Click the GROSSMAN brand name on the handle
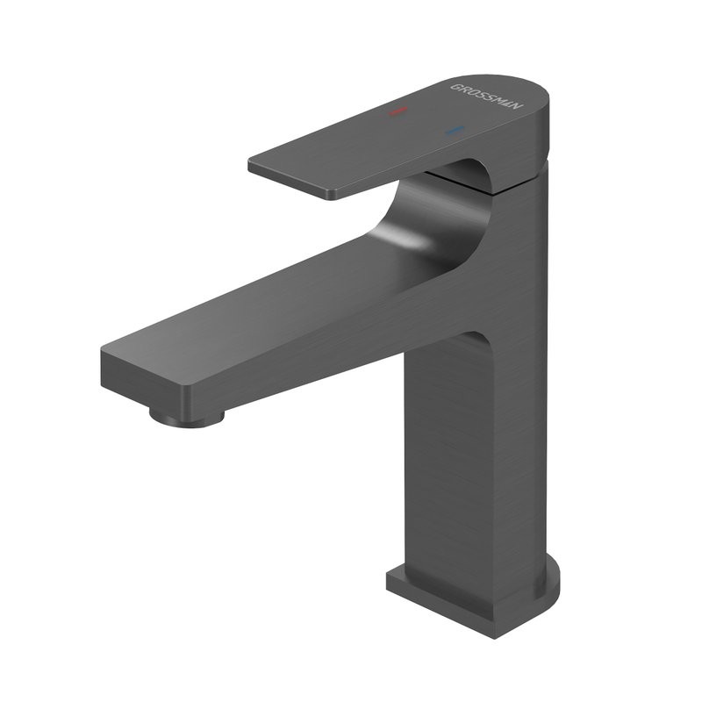[487, 98]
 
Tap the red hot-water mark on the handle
[398, 112]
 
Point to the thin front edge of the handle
[290, 180]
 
